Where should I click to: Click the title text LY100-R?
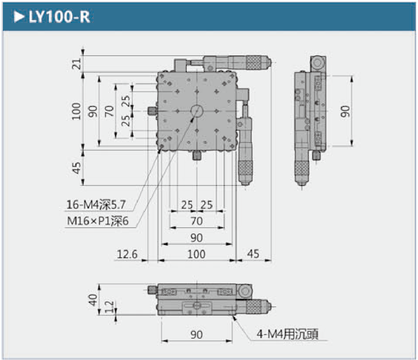(59, 17)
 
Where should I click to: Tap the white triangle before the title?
(19, 17)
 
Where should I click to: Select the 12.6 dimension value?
(127, 254)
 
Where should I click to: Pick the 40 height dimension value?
(93, 300)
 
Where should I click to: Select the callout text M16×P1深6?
(98, 222)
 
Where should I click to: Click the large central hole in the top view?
(197, 111)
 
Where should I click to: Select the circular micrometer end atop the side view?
(318, 63)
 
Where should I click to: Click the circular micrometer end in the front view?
(245, 292)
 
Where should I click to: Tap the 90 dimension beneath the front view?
(197, 335)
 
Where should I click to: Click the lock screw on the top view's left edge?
(152, 111)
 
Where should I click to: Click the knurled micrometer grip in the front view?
(255, 306)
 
